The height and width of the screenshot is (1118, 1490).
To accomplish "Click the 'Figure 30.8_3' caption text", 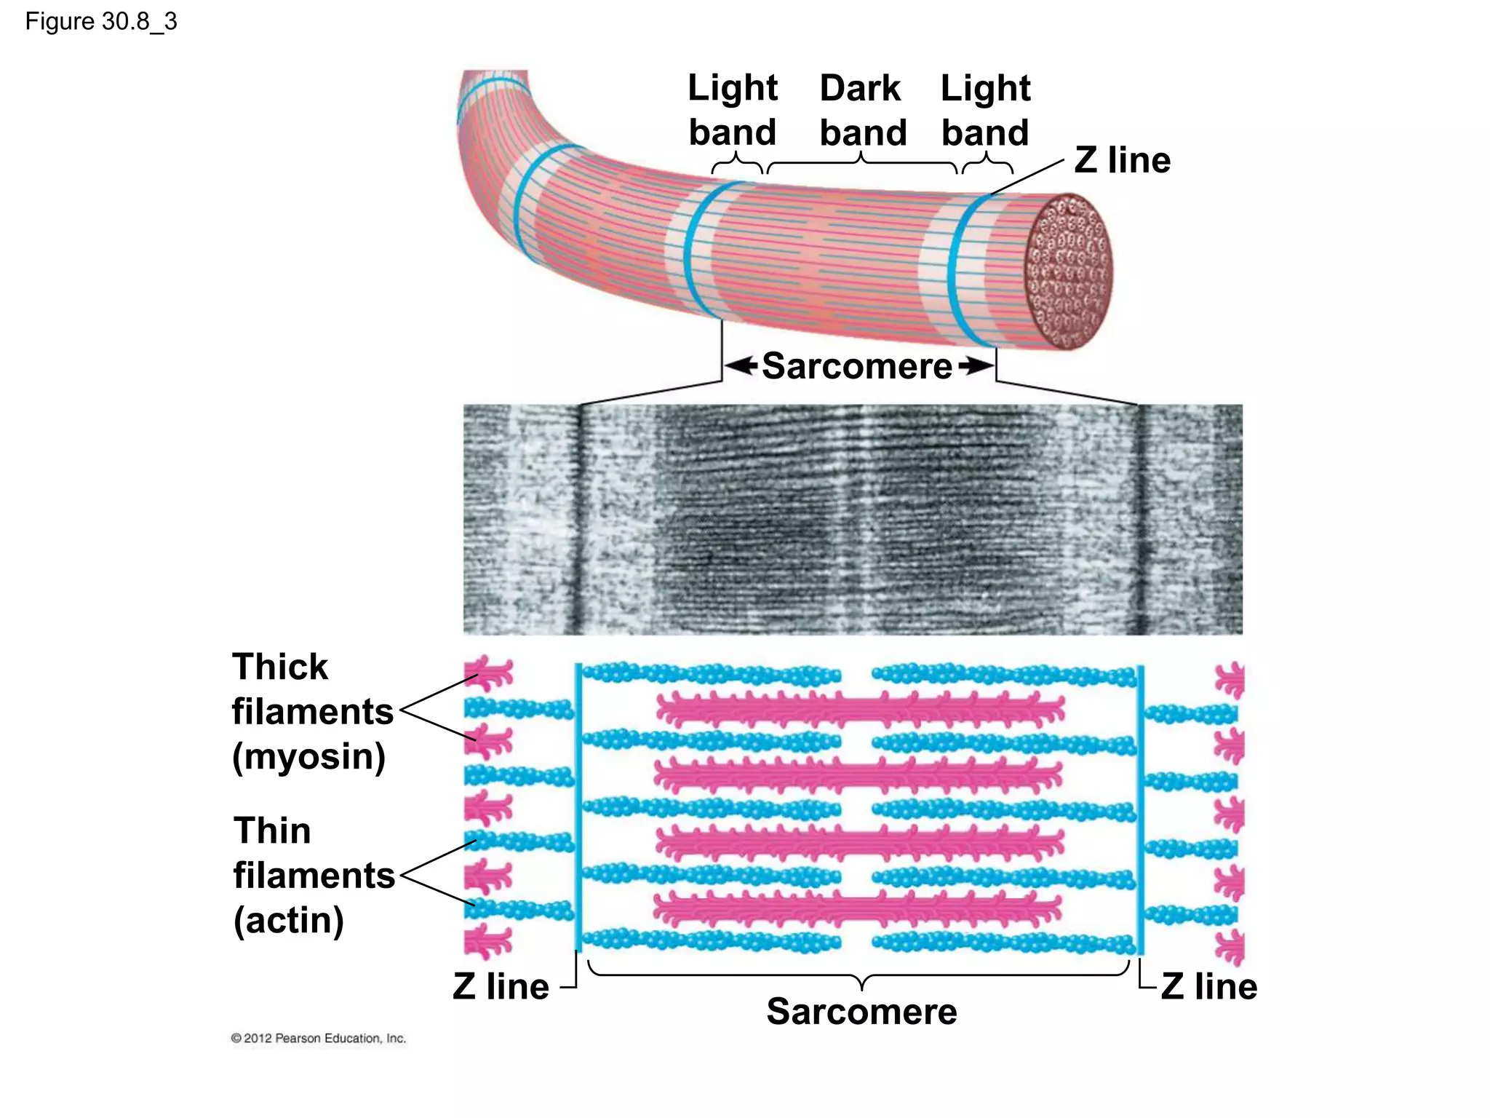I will coord(101,22).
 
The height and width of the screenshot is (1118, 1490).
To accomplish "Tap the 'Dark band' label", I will coord(863,110).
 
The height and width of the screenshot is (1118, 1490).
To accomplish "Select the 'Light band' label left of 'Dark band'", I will coord(733,110).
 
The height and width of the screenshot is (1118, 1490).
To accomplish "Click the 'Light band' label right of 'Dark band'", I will coord(985,110).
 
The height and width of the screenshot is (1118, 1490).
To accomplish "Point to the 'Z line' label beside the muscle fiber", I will coord(1123,160).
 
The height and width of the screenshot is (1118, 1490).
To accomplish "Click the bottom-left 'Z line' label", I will coord(501,986).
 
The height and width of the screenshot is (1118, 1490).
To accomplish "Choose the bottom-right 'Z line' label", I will coord(1208,986).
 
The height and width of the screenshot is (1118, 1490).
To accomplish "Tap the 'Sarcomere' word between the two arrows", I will coord(857,365).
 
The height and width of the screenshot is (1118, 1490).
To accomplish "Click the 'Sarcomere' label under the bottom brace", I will coord(861,1011).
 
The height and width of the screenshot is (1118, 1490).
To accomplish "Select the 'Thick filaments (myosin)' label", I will coord(311,711).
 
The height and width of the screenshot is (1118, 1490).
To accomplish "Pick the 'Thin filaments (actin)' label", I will coord(313,875).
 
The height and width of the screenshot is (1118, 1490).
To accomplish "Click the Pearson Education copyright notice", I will coord(318,1038).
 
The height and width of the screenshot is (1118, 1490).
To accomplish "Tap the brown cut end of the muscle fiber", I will coord(1068,271).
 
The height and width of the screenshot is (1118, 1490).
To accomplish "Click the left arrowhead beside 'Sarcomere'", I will coord(741,365).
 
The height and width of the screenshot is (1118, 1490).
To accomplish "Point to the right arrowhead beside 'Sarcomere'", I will coord(976,365).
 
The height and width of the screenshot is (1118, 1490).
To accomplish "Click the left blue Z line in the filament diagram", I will coord(578,808).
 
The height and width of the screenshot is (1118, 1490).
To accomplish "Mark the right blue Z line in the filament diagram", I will coord(1140,808).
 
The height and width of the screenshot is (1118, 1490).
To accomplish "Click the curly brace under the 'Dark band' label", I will coord(862,164).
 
